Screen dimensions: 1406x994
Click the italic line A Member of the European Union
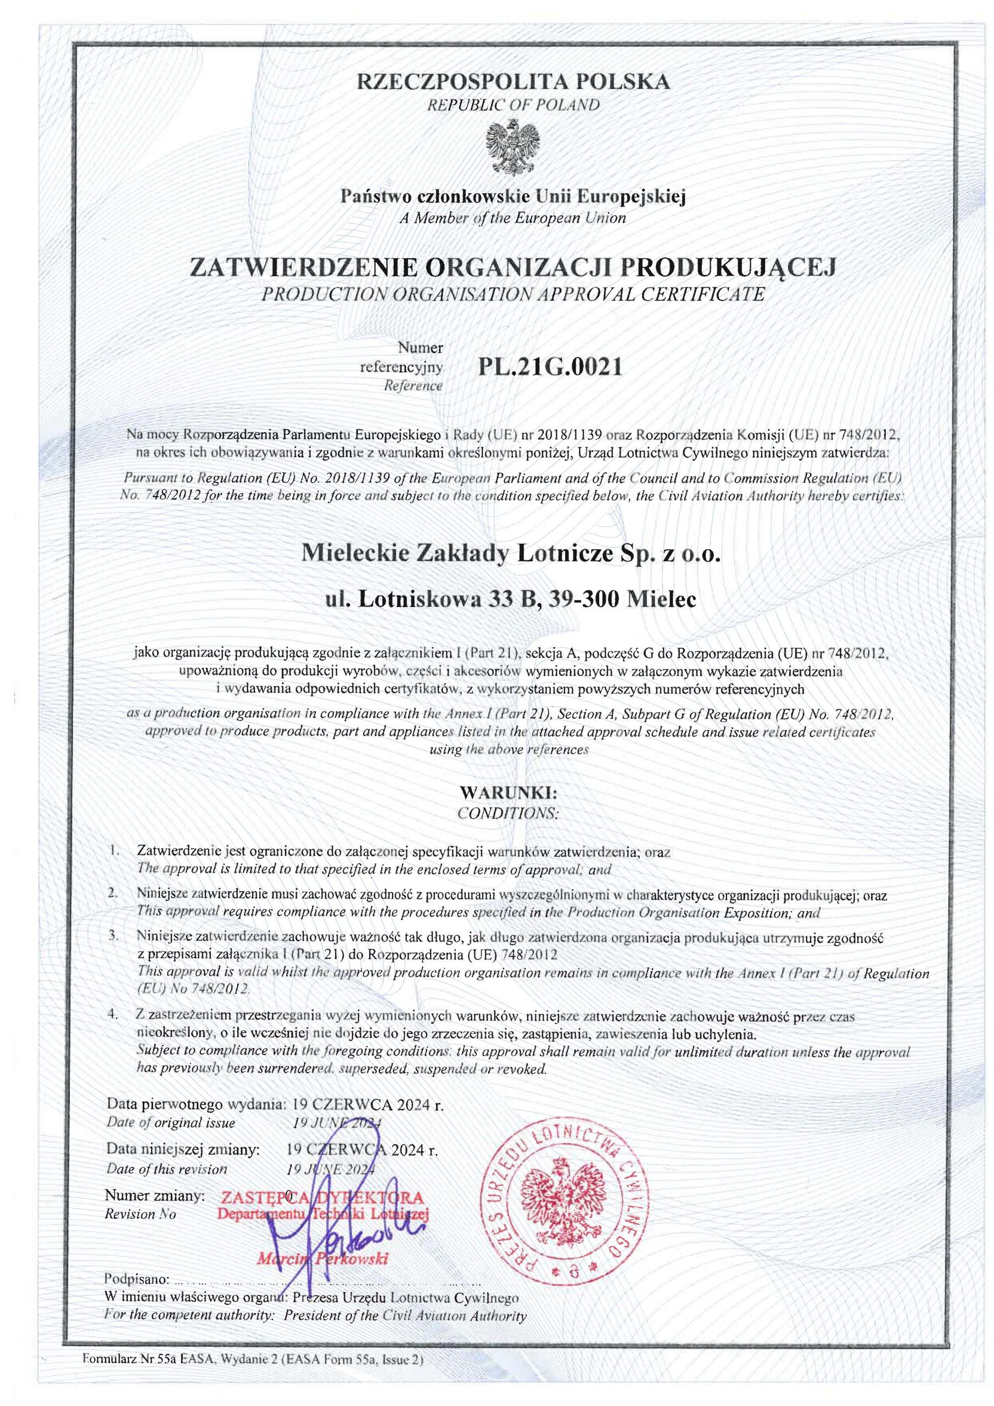pyautogui.click(x=512, y=217)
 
